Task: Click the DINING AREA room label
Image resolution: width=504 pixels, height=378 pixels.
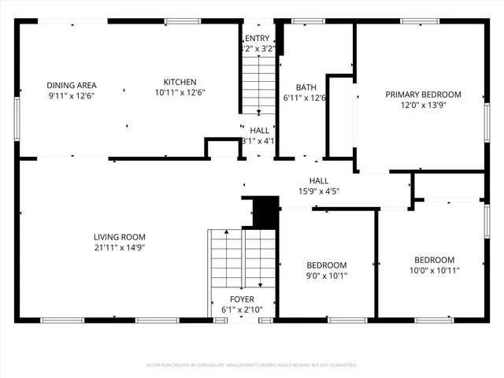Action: [72, 85]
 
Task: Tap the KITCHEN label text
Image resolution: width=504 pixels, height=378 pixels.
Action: [180, 82]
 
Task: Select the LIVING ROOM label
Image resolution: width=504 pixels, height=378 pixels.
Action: [120, 237]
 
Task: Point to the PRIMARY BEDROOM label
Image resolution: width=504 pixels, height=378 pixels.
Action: [423, 94]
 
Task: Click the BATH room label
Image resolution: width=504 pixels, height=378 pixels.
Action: [306, 87]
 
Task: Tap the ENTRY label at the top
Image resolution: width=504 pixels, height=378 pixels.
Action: [258, 38]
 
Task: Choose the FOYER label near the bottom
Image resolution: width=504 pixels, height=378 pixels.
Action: [242, 299]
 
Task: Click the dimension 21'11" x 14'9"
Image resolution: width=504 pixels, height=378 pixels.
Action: [120, 247]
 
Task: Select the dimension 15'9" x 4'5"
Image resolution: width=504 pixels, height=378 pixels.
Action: [319, 191]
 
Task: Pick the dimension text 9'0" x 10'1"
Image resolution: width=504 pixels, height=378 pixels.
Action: [326, 276]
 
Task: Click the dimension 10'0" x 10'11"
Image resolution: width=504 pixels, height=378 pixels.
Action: [434, 270]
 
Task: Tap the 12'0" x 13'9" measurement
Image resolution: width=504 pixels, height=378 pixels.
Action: [423, 105]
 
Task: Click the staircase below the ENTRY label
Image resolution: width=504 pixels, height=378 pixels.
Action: [258, 83]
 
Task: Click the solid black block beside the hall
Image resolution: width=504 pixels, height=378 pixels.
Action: [265, 211]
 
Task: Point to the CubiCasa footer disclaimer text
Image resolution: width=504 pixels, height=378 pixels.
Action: [252, 365]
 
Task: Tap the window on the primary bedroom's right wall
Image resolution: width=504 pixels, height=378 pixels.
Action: [487, 121]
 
